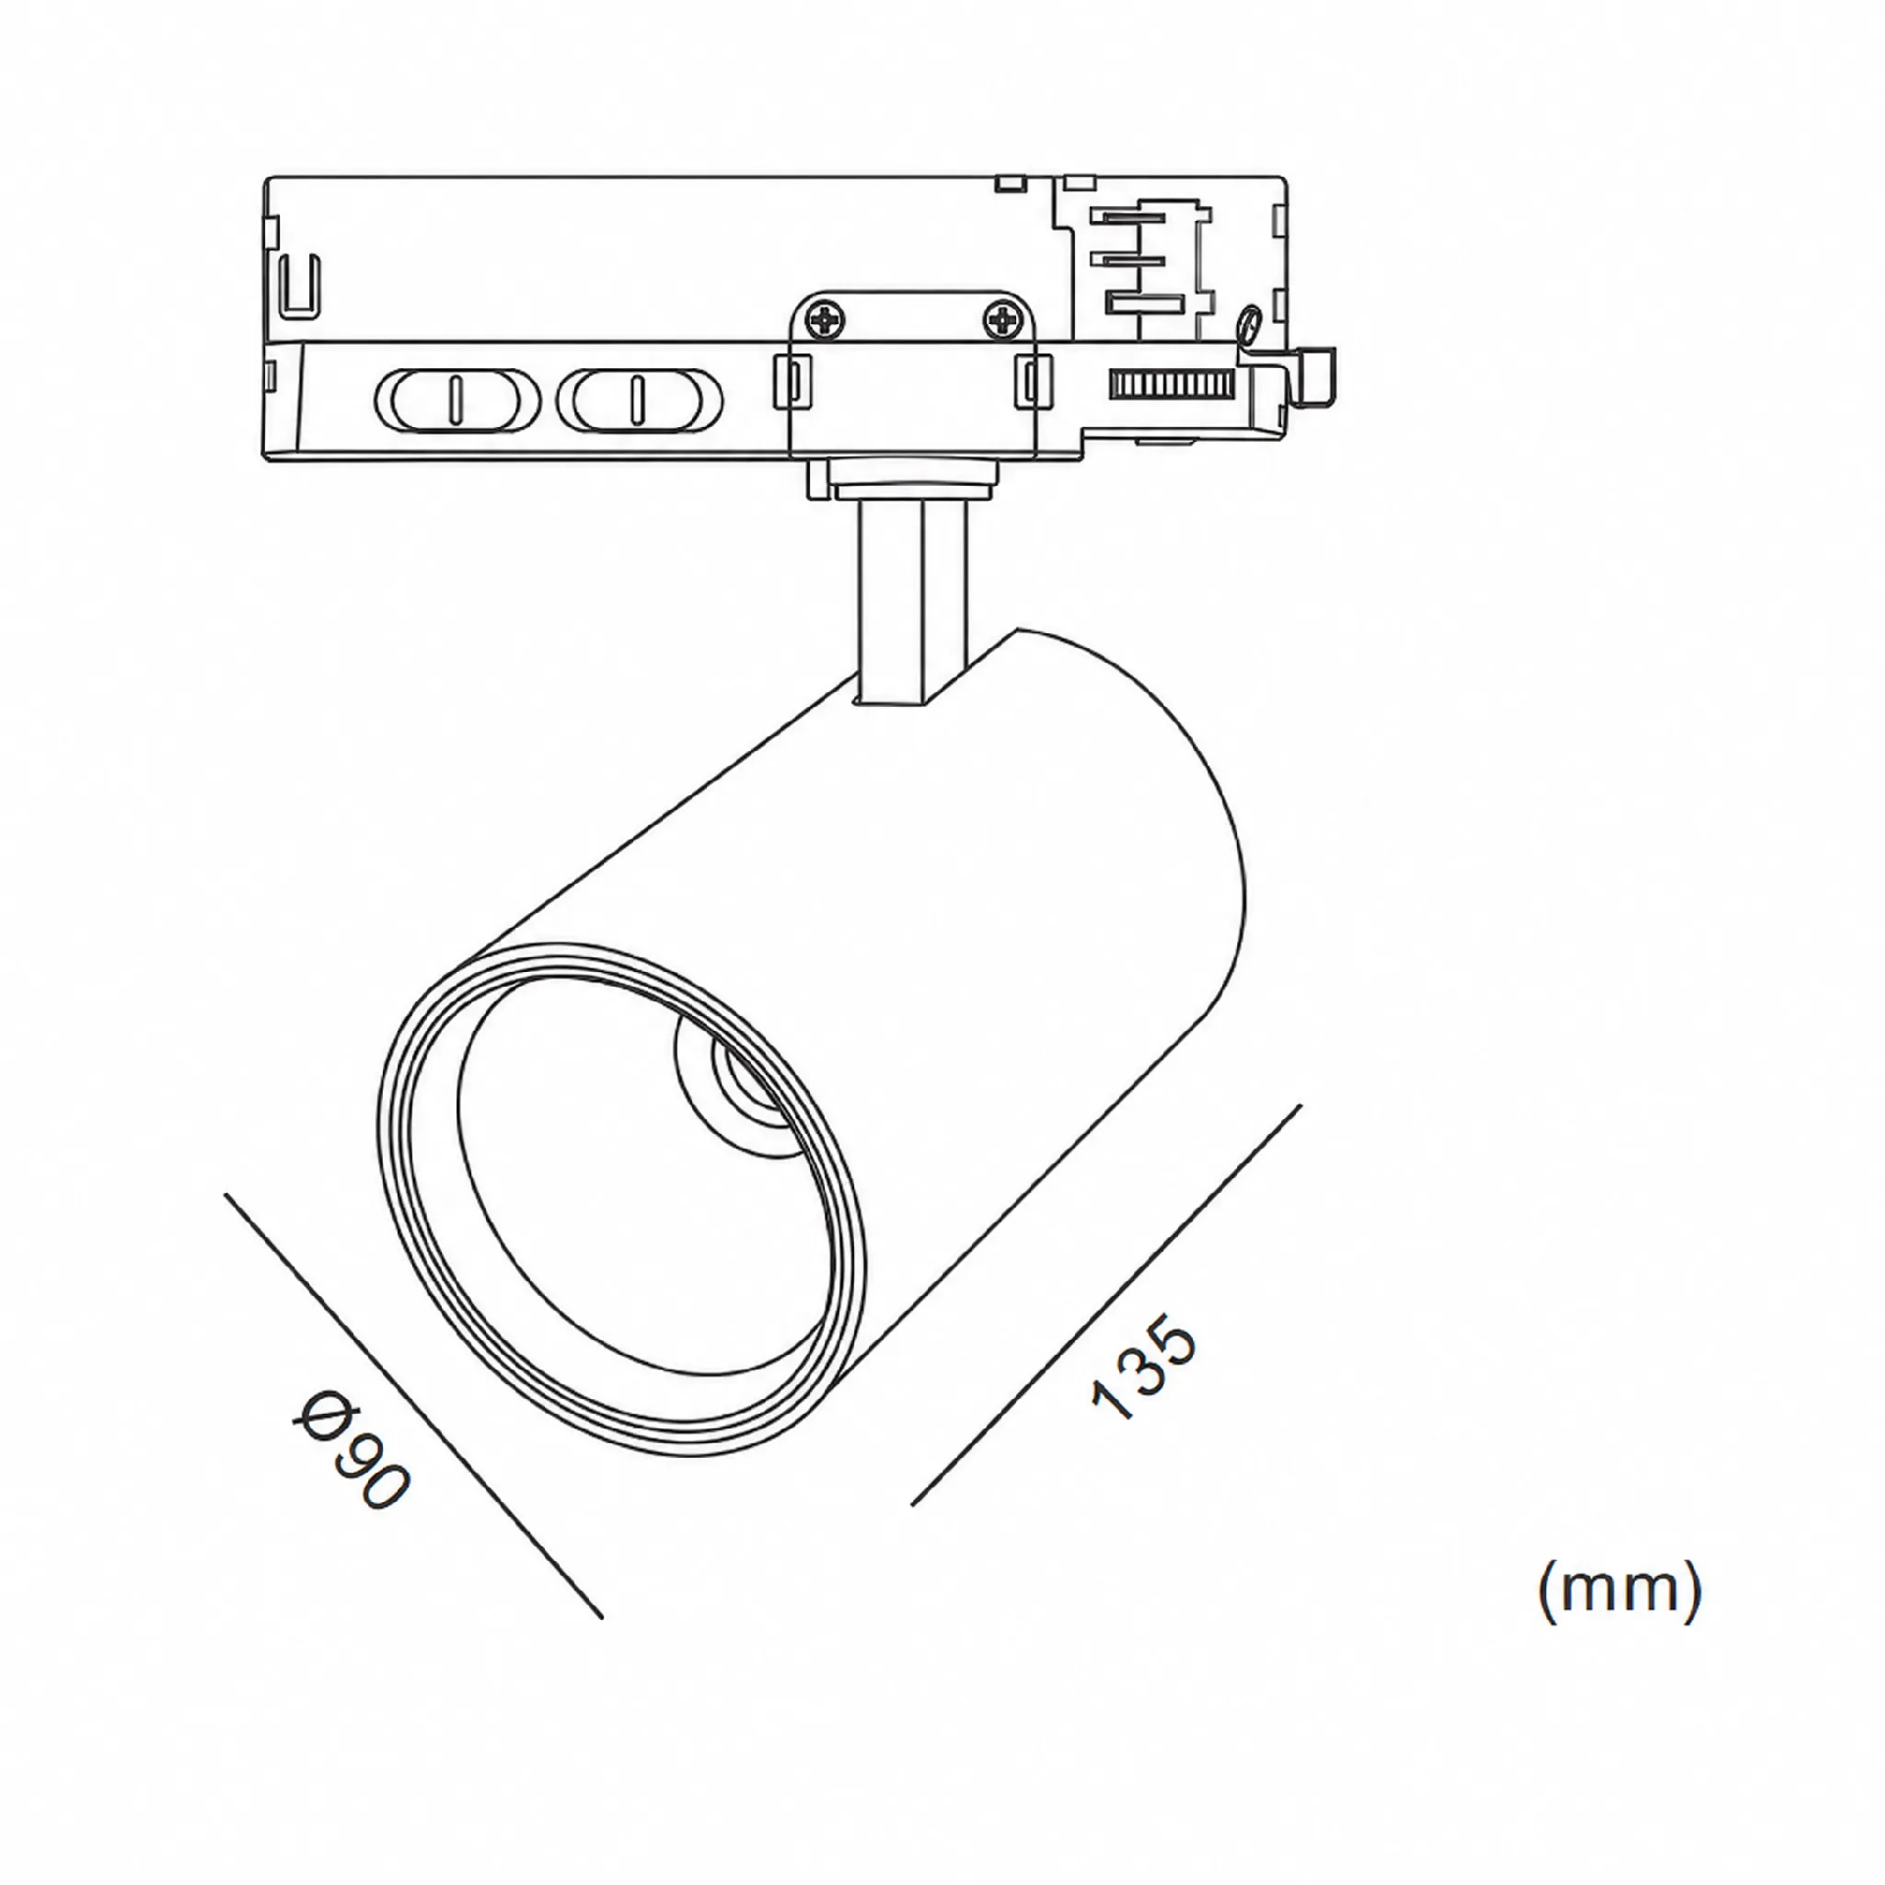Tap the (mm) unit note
click(1620, 1591)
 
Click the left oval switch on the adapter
click(457, 401)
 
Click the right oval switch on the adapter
click(639, 401)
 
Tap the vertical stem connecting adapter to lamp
click(911, 601)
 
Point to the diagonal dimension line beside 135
click(1106, 1305)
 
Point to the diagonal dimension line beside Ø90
click(413, 1407)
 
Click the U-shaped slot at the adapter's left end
click(298, 286)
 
